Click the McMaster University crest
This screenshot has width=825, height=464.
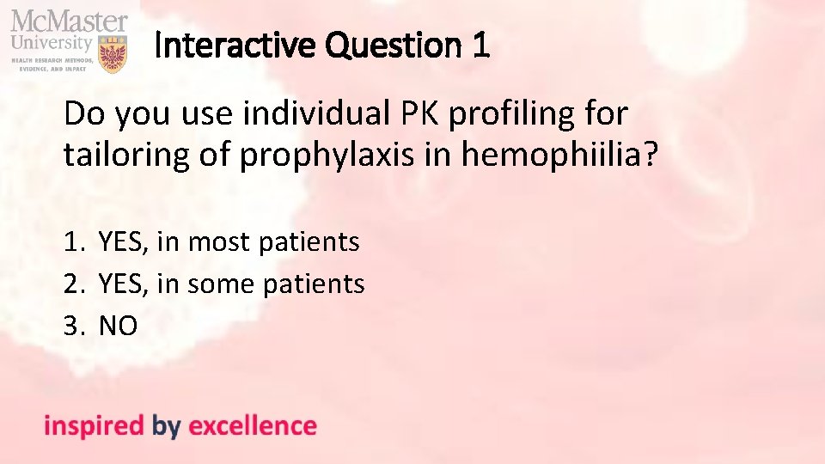click(x=113, y=53)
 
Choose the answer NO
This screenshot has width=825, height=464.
click(x=119, y=325)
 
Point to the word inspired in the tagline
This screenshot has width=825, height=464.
click(x=94, y=426)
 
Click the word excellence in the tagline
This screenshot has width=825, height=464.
click(x=253, y=426)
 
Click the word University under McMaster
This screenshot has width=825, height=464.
click(x=52, y=41)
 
